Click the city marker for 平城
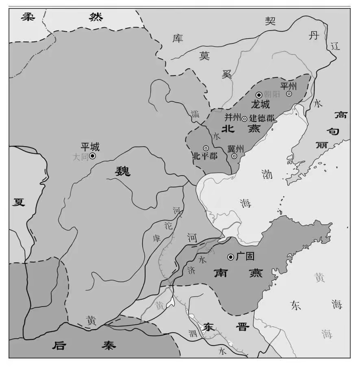tap(93, 155)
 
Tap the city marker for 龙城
tap(258, 94)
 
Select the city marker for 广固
tap(230, 257)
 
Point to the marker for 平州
tap(289, 94)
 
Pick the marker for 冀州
tap(234, 156)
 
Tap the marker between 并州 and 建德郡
tap(244, 119)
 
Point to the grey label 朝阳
tap(272, 94)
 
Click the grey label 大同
tap(80, 157)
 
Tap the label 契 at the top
tap(270, 21)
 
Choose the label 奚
tap(227, 73)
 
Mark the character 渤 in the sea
tap(267, 174)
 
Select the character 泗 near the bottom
tap(193, 334)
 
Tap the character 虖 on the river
tap(156, 238)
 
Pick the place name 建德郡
tap(261, 119)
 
